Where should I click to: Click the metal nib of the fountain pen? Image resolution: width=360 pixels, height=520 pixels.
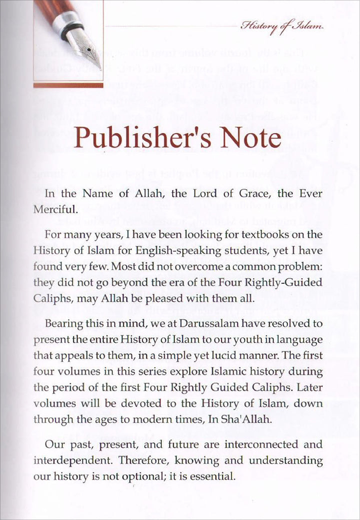pyautogui.click(x=88, y=48)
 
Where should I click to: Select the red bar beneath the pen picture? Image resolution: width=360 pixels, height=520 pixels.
pyautogui.click(x=68, y=85)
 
